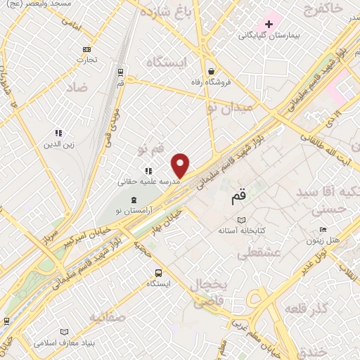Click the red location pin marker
pyautogui.click(x=181, y=165)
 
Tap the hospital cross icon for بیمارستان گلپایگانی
pyautogui.click(x=269, y=24)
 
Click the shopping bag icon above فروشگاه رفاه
pyautogui.click(x=212, y=71)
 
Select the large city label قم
pyautogui.click(x=239, y=198)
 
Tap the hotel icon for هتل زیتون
pyautogui.click(x=323, y=229)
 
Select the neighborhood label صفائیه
pyautogui.click(x=108, y=318)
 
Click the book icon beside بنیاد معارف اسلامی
pyautogui.click(x=65, y=332)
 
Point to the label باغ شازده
pyautogui.click(x=166, y=13)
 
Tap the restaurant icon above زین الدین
pyautogui.click(x=59, y=132)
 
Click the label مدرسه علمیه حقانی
pyautogui.click(x=149, y=181)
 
